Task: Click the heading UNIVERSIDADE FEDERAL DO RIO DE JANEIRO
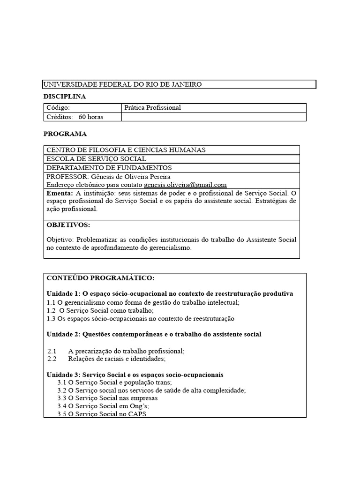[123, 84]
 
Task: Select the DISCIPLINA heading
[65, 96]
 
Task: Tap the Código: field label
[58, 108]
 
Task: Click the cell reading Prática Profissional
[153, 108]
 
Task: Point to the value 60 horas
[91, 117]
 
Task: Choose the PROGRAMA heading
[65, 134]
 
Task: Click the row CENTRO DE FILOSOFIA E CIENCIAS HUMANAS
[126, 150]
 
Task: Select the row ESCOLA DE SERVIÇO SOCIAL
[96, 159]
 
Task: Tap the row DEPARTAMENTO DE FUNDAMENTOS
[109, 167]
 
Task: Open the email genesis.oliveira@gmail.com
[185, 185]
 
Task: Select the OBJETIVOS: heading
[68, 225]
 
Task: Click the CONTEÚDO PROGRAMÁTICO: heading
[100, 278]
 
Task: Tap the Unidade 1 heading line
[170, 293]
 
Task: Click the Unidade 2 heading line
[154, 334]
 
